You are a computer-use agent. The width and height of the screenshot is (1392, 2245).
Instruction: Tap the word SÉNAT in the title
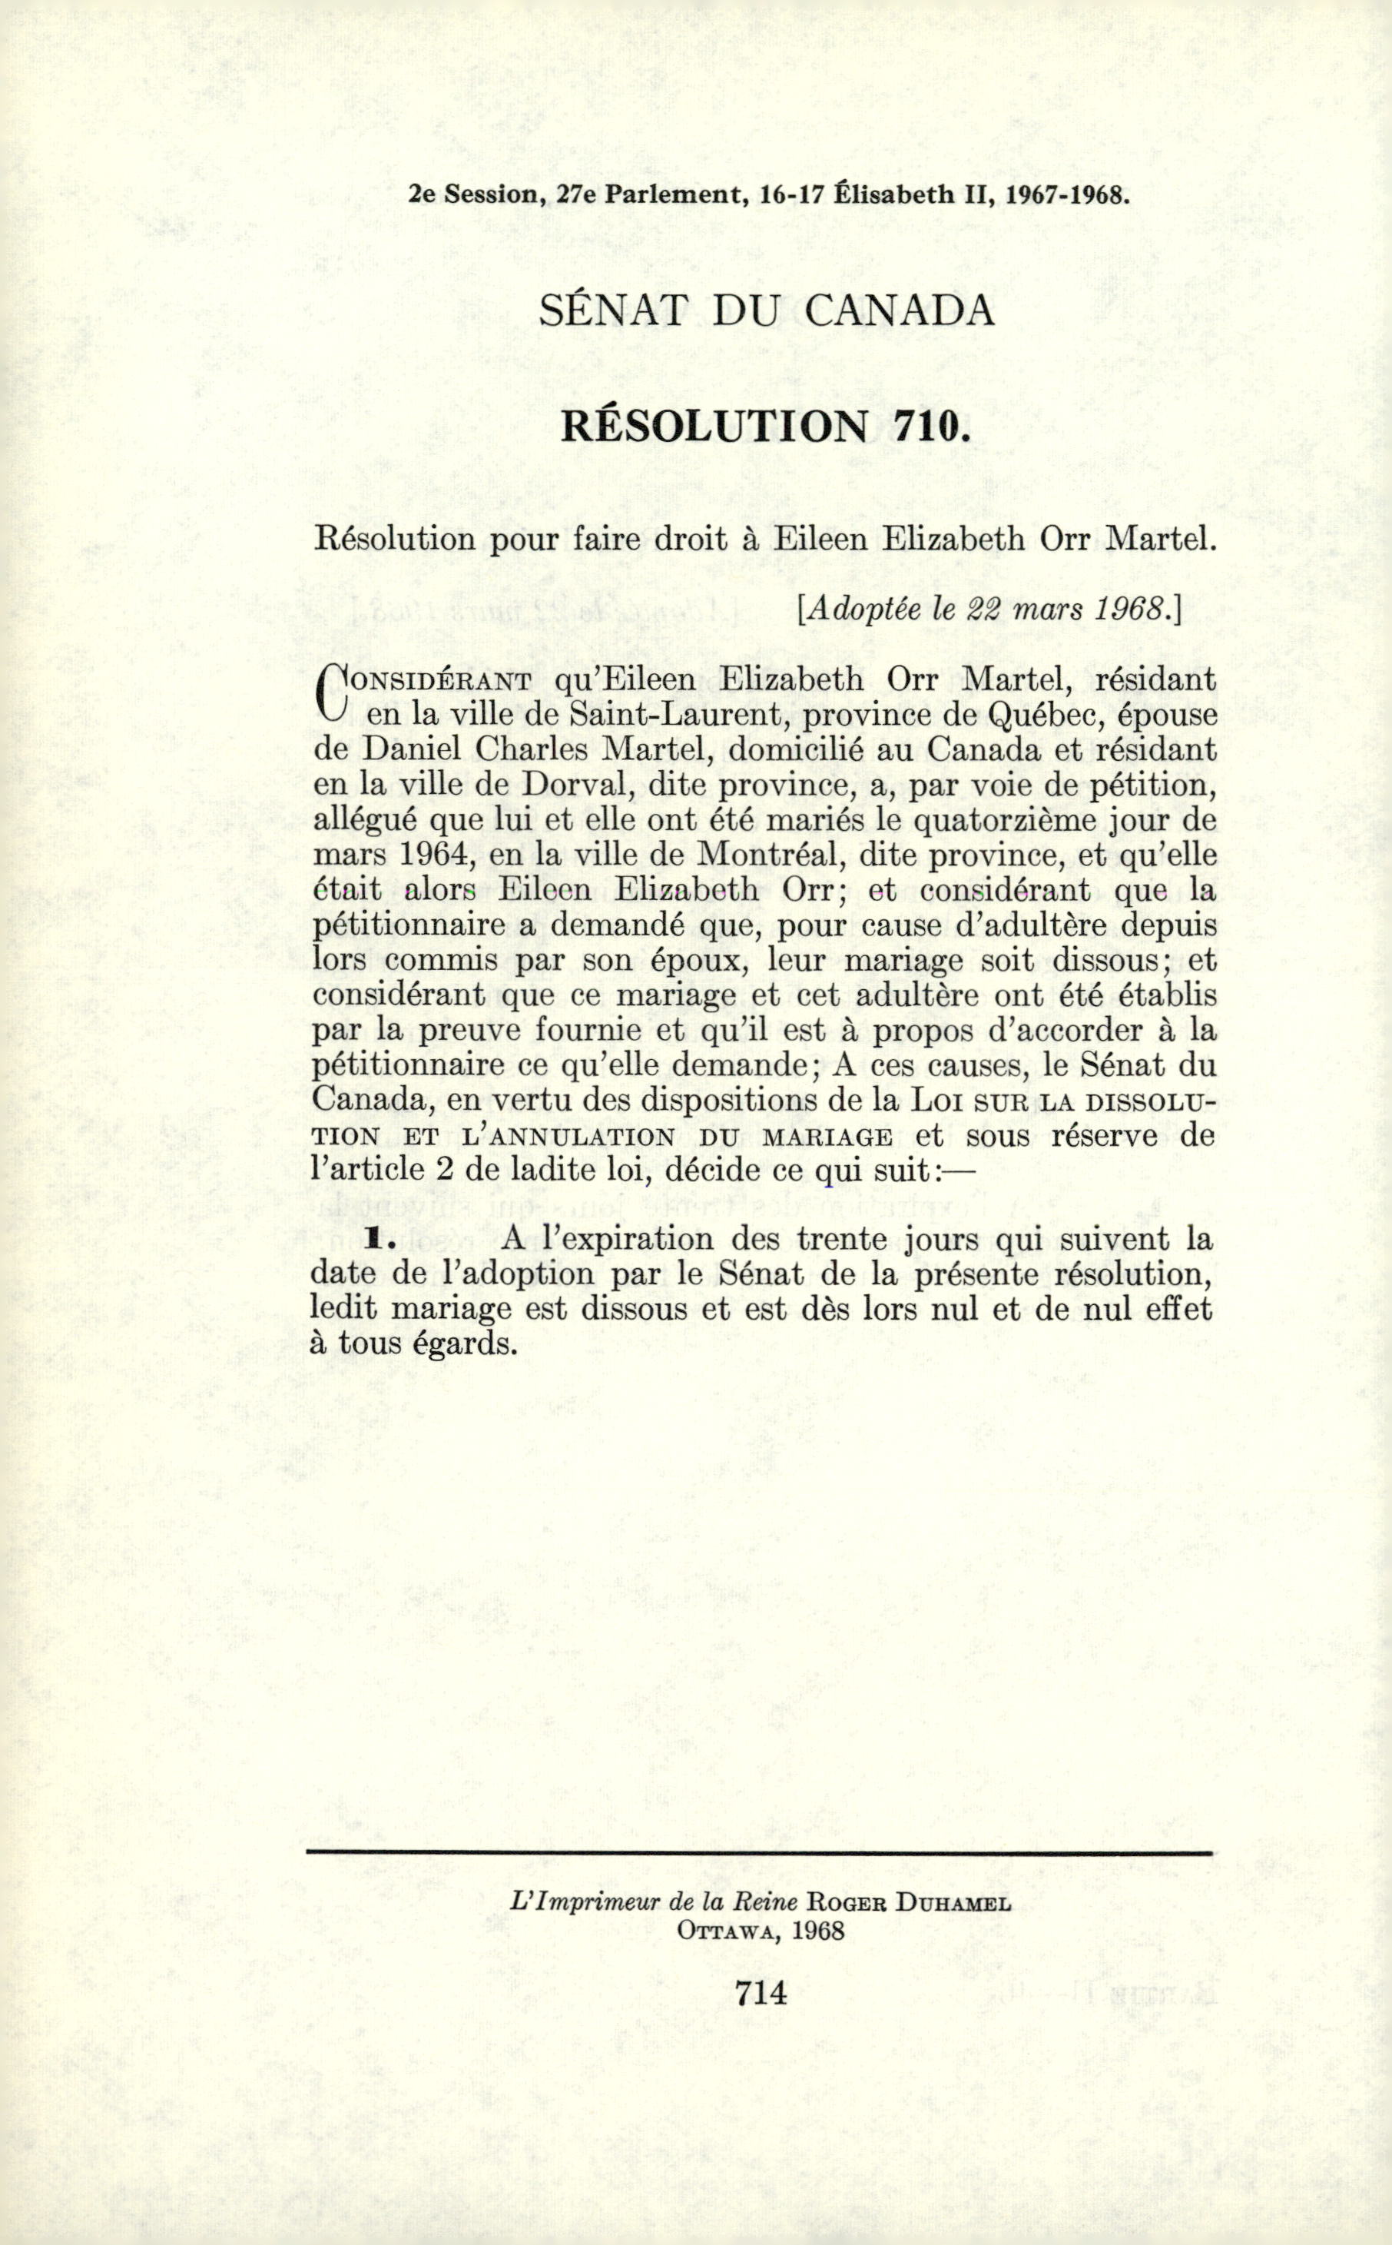coord(612,311)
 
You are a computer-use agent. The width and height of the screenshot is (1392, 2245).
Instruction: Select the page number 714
coord(761,1993)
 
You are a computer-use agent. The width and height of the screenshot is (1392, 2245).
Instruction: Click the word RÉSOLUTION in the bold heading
coord(715,426)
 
